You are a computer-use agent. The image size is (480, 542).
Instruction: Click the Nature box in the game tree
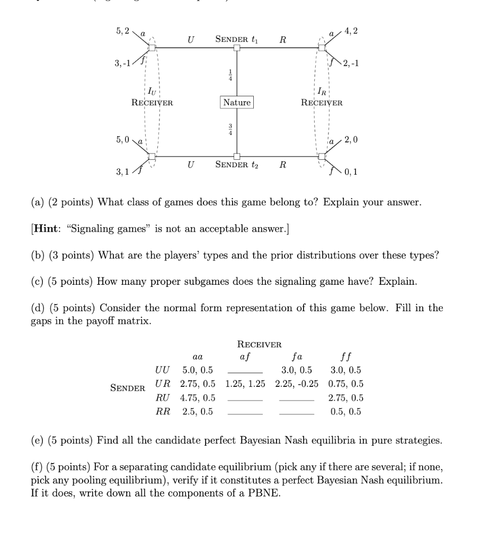click(x=237, y=102)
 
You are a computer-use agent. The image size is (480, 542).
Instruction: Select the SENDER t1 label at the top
click(x=236, y=40)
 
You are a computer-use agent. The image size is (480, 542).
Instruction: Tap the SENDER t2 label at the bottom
click(x=236, y=165)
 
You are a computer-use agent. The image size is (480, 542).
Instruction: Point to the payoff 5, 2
click(x=122, y=31)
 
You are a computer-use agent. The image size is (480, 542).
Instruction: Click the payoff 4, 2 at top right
click(x=351, y=31)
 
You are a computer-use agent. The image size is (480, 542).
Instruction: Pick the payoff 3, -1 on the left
click(x=123, y=64)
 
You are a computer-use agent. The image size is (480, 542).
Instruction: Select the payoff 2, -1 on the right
click(x=350, y=64)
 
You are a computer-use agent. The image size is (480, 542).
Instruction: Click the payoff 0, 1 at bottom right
click(x=351, y=171)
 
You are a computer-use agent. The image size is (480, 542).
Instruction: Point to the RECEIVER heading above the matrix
click(x=259, y=345)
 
